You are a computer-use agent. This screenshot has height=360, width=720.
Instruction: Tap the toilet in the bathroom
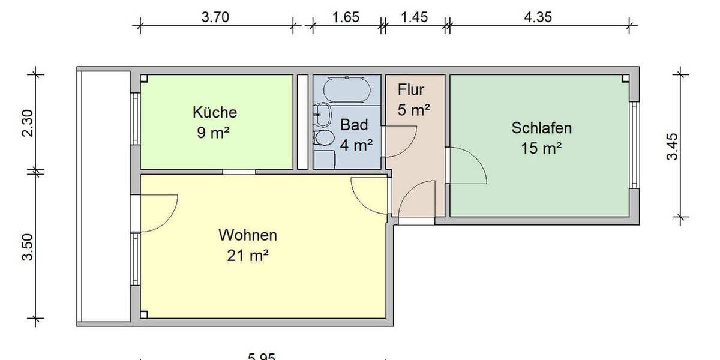click(325, 138)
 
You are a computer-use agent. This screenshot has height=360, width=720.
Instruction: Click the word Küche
click(215, 112)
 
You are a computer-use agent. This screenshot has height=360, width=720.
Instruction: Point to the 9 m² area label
click(213, 133)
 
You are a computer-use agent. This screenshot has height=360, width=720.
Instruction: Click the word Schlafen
click(541, 128)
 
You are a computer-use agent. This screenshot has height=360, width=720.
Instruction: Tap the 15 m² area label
click(541, 148)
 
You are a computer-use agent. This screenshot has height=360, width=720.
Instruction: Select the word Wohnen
click(248, 233)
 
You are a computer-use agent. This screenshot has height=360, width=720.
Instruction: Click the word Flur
click(411, 91)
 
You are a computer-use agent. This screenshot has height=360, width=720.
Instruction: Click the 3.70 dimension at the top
click(215, 17)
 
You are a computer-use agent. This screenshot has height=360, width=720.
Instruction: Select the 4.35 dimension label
click(538, 17)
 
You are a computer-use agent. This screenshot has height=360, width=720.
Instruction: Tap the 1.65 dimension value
click(346, 17)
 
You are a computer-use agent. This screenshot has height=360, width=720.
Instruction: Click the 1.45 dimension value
click(414, 17)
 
